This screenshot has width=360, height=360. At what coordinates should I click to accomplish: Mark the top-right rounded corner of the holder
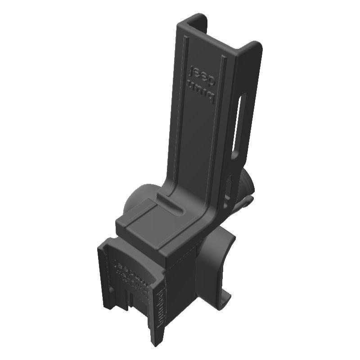coord(256,45)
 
